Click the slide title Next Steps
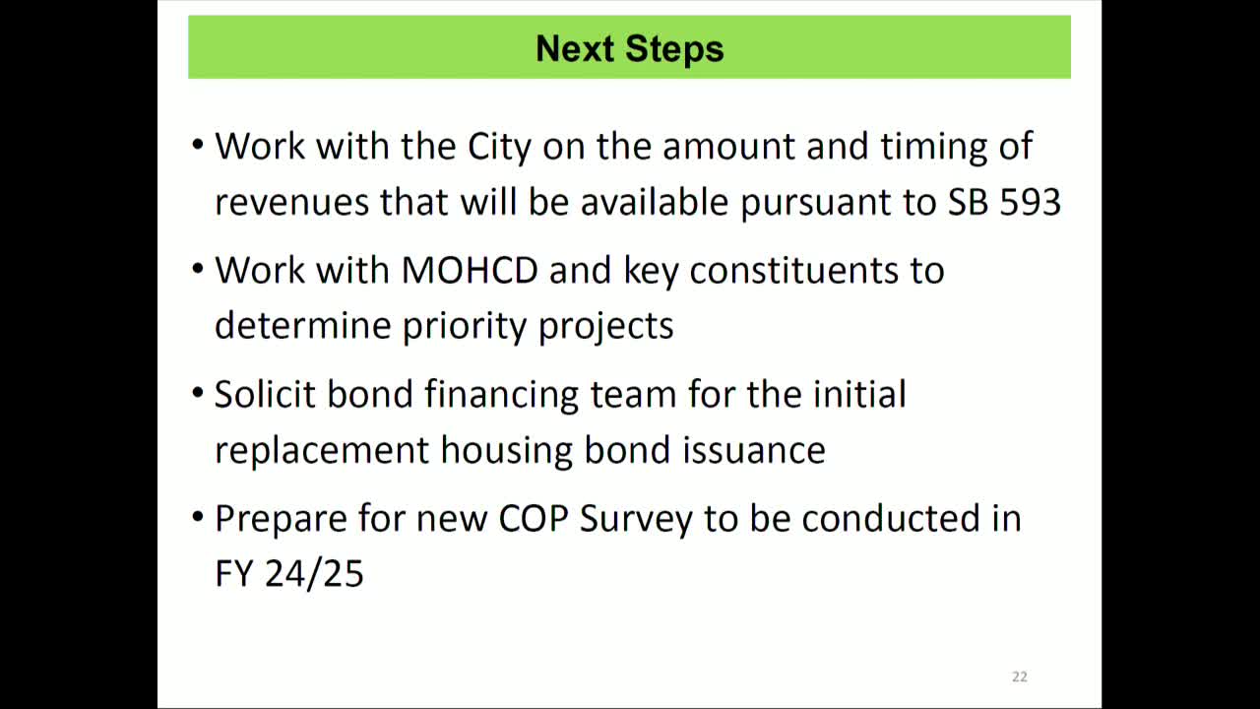629,48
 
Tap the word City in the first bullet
499,147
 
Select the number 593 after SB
1031,202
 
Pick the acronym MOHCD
470,271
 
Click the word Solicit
266,394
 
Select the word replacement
322,451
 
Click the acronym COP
534,519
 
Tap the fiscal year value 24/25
314,574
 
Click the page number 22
1019,677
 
